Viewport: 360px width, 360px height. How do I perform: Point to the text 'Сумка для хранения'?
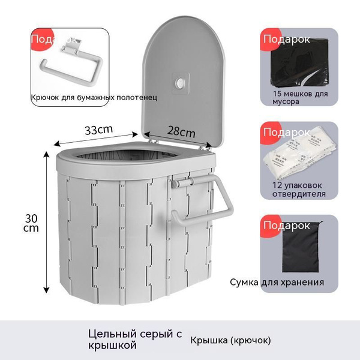pos(277,282)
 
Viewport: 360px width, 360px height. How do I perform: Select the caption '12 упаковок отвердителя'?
pos(295,190)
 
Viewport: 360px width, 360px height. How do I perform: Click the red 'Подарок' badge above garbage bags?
pos(285,40)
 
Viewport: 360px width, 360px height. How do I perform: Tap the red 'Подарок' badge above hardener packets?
pos(285,131)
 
